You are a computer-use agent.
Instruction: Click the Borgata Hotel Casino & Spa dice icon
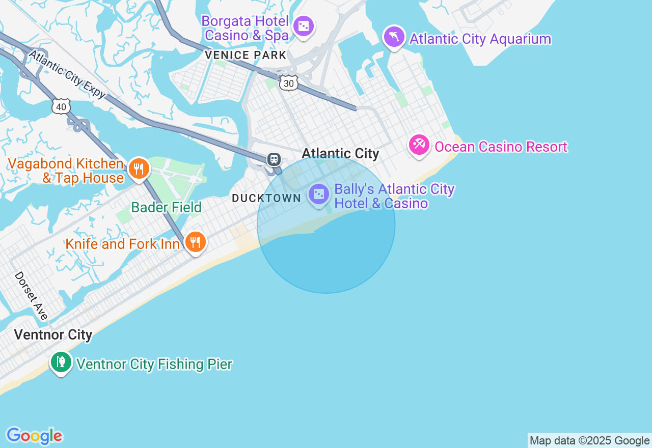coord(304,25)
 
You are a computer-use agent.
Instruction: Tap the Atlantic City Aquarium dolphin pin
coord(394,37)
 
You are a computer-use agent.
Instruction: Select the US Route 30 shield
coord(288,83)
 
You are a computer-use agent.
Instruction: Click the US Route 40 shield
coord(61,106)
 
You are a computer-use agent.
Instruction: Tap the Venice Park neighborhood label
coord(246,55)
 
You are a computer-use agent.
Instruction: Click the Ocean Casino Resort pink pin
coord(419,146)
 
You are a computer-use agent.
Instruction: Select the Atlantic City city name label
coord(340,153)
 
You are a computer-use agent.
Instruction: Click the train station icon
coord(274,159)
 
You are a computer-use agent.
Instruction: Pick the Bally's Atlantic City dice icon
coord(319,194)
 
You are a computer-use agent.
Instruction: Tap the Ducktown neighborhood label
coord(266,198)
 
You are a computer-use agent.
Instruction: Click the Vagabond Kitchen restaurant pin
coord(139,168)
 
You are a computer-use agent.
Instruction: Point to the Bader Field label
coord(166,207)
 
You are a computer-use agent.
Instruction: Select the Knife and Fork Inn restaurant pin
coord(195,242)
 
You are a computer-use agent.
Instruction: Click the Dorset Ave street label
coord(31,296)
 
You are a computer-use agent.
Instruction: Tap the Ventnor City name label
coord(53,334)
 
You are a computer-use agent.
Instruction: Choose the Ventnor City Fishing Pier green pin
coord(61,362)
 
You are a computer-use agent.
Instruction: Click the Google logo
coord(34,436)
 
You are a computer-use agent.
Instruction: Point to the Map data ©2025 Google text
coord(589,441)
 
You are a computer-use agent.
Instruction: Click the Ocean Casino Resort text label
coord(501,147)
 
